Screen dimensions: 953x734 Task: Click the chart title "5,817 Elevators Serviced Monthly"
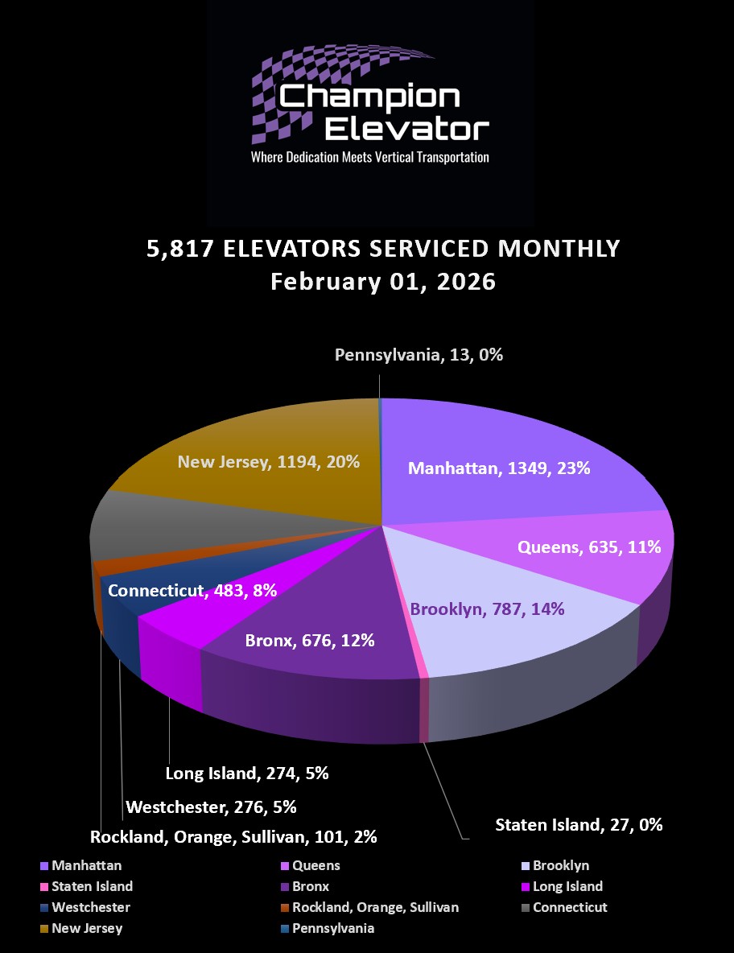coord(383,248)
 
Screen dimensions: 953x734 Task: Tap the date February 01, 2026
coord(383,283)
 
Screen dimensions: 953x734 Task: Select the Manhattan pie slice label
coord(499,468)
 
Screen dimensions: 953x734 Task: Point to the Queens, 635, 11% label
coord(589,547)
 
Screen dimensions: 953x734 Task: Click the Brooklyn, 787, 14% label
coord(488,609)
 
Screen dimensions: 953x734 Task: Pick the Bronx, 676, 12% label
coord(310,641)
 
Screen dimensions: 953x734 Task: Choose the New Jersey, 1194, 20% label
coord(269,462)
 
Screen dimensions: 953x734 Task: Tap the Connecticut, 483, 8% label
coord(192,590)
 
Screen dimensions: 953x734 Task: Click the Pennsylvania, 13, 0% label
coord(419,354)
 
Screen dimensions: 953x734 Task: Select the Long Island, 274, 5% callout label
coord(247,774)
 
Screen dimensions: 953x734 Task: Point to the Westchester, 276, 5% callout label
coord(212,806)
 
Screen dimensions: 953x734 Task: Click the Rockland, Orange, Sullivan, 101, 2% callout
coord(233,837)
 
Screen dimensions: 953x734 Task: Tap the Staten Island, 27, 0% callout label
coord(579,824)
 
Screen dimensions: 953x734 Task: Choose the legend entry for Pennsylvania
coord(332,929)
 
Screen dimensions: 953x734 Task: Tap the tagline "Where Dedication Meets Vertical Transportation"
coord(370,157)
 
